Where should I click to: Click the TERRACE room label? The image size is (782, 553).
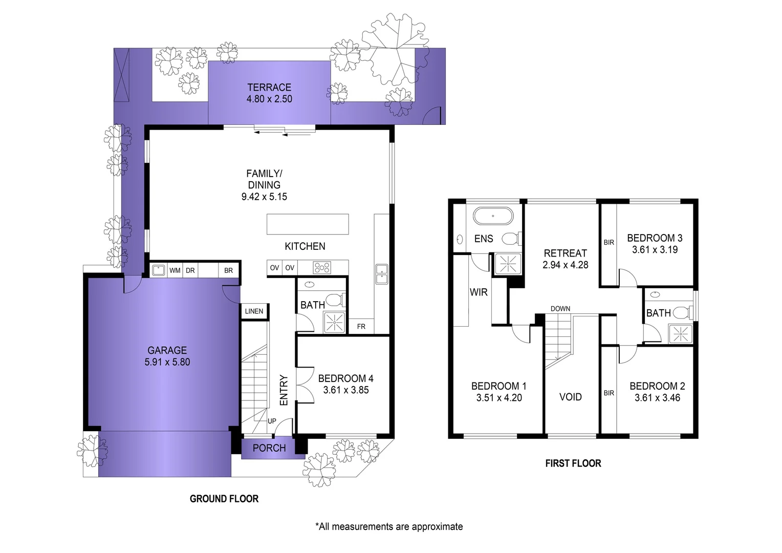[x=269, y=88]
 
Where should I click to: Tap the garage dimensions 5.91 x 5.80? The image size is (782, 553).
[x=167, y=362]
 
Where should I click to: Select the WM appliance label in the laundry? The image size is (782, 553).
[x=175, y=270]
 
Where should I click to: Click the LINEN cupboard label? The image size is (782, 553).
[x=254, y=311]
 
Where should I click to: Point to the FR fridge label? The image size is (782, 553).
[x=361, y=327]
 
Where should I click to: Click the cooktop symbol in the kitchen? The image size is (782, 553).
[x=322, y=268]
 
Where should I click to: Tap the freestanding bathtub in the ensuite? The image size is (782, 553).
[x=492, y=216]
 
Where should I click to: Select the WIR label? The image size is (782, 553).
[x=479, y=292]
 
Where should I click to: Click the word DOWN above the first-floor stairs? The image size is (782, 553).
[x=560, y=309]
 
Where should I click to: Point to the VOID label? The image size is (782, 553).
[x=570, y=397]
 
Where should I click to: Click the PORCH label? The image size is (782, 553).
[x=269, y=448]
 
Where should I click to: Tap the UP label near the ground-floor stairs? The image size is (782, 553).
[x=272, y=421]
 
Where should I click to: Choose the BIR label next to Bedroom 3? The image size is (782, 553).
[x=609, y=243]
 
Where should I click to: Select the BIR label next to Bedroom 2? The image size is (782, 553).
[x=609, y=393]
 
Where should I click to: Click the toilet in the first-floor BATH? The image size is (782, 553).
[x=681, y=312]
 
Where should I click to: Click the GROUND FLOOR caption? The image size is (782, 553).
[x=224, y=499]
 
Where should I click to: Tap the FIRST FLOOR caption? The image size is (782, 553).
[x=573, y=463]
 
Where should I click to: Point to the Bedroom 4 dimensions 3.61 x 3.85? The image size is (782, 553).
[x=345, y=390]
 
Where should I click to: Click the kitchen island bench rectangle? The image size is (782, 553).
[x=308, y=224]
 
